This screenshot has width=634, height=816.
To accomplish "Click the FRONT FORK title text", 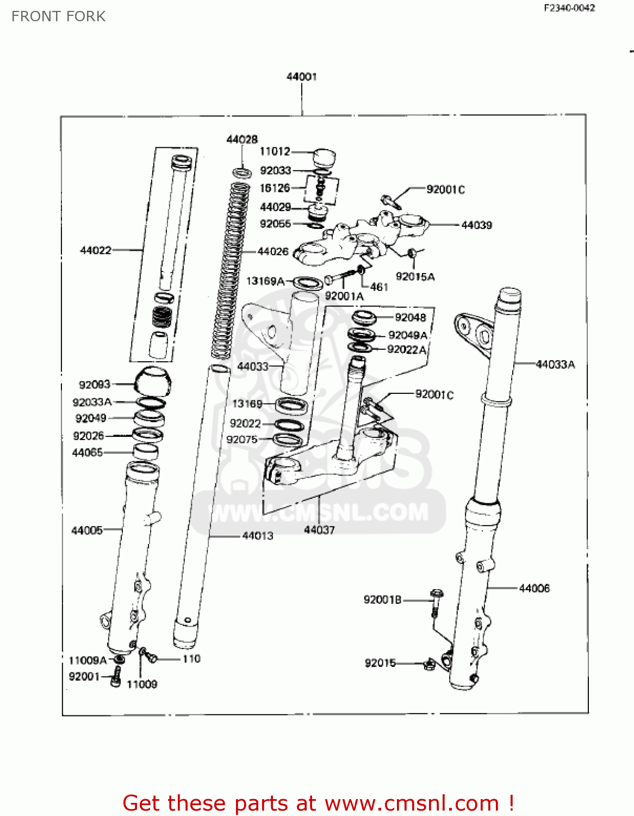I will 58,16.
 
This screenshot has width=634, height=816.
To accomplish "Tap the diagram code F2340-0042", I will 569,8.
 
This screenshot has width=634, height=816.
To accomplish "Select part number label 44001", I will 301,77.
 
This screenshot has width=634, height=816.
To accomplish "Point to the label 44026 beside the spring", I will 272,251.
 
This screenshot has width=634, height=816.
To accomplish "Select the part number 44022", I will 96,250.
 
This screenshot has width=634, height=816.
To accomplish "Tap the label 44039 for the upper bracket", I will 476,225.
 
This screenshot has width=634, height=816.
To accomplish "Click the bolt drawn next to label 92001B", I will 436,601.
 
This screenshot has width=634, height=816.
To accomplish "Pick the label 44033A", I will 555,364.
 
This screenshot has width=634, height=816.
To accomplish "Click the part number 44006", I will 534,588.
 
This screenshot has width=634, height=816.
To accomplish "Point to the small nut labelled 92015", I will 428,664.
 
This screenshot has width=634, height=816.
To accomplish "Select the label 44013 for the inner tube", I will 258,536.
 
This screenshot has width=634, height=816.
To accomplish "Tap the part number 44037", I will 319,529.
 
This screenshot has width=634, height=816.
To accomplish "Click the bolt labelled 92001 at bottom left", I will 115,678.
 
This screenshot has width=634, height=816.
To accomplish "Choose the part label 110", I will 191,659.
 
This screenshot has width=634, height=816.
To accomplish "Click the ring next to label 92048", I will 364,317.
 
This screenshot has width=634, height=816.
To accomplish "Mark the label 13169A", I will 265,281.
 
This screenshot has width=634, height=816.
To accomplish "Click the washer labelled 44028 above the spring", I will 243,173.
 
